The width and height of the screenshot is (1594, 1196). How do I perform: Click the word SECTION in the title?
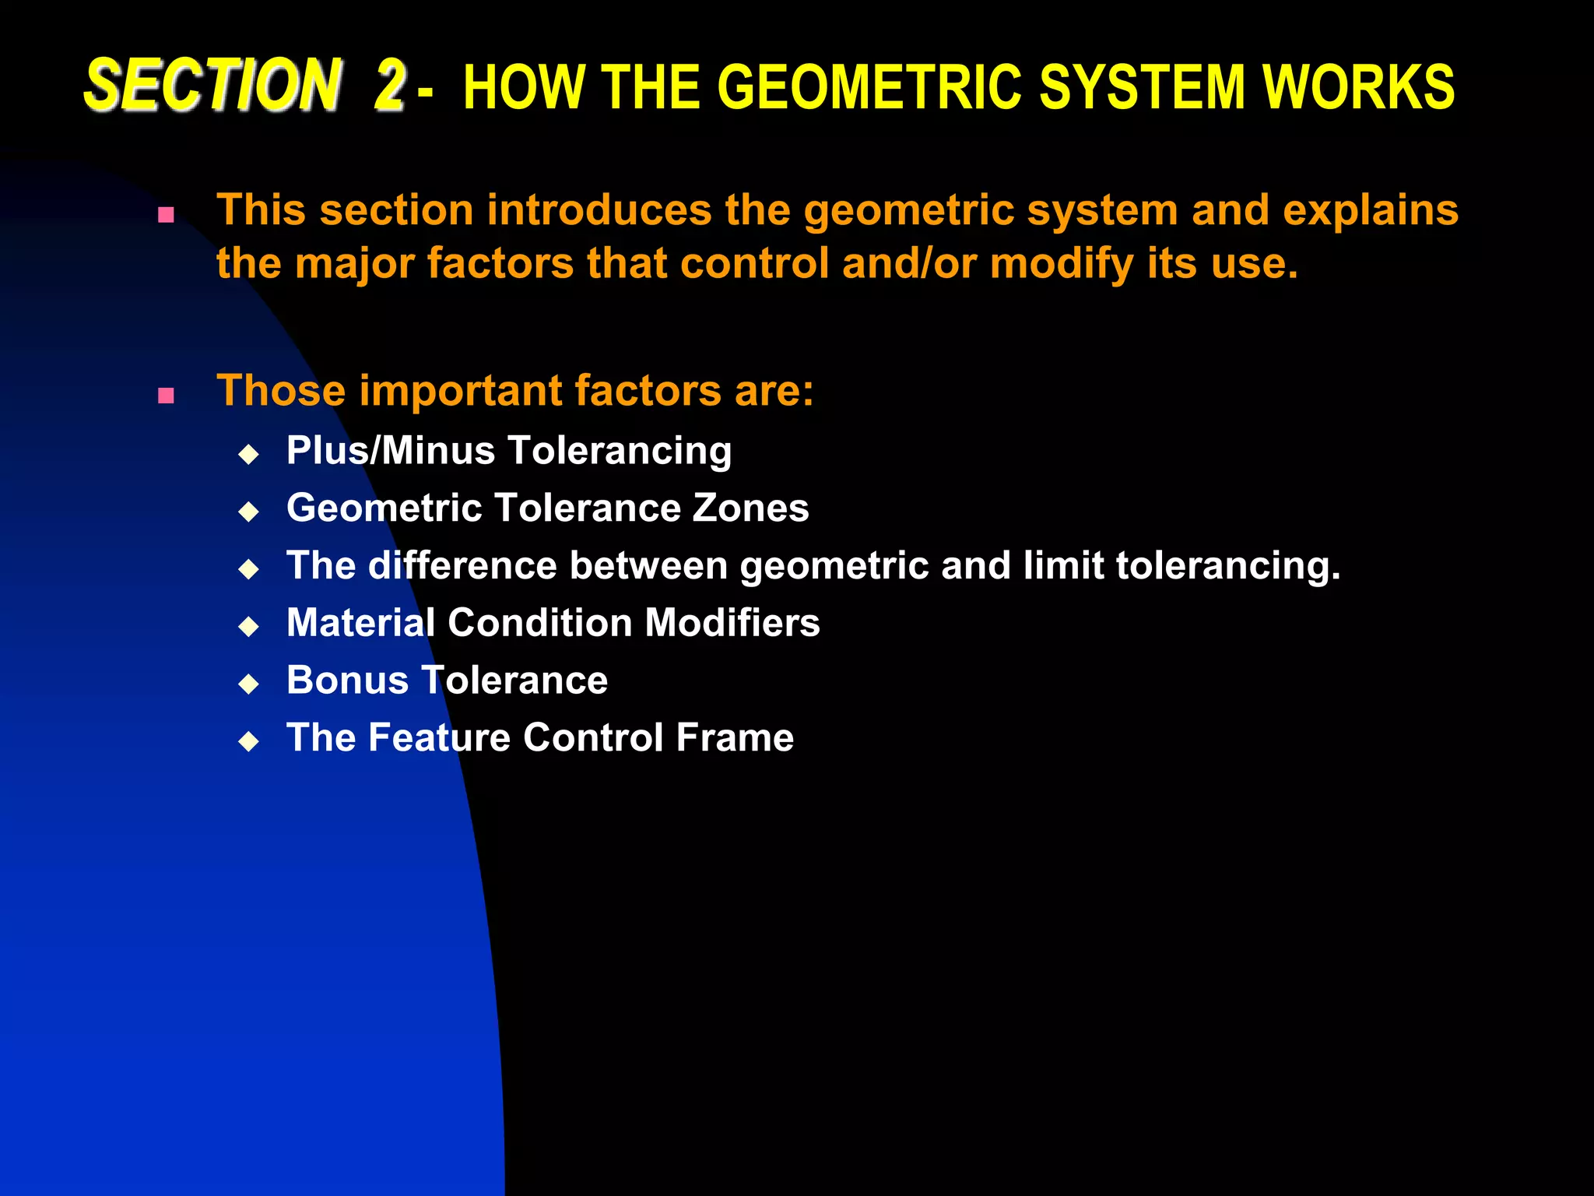tap(212, 85)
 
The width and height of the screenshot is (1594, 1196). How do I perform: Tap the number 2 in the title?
tap(389, 85)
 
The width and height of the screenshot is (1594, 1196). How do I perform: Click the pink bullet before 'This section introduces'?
tap(166, 215)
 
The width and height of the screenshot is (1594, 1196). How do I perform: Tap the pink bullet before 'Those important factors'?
tap(166, 396)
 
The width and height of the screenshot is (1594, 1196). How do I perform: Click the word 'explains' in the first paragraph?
tap(1370, 210)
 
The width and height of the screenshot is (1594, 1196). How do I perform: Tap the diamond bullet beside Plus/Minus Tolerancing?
tap(249, 454)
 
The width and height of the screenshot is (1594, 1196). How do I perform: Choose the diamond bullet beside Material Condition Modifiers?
tap(249, 626)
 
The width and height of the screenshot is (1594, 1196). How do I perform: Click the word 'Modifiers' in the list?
tap(732, 623)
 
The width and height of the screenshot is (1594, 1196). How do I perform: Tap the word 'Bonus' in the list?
tap(347, 680)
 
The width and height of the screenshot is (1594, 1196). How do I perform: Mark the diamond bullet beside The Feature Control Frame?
tap(249, 740)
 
